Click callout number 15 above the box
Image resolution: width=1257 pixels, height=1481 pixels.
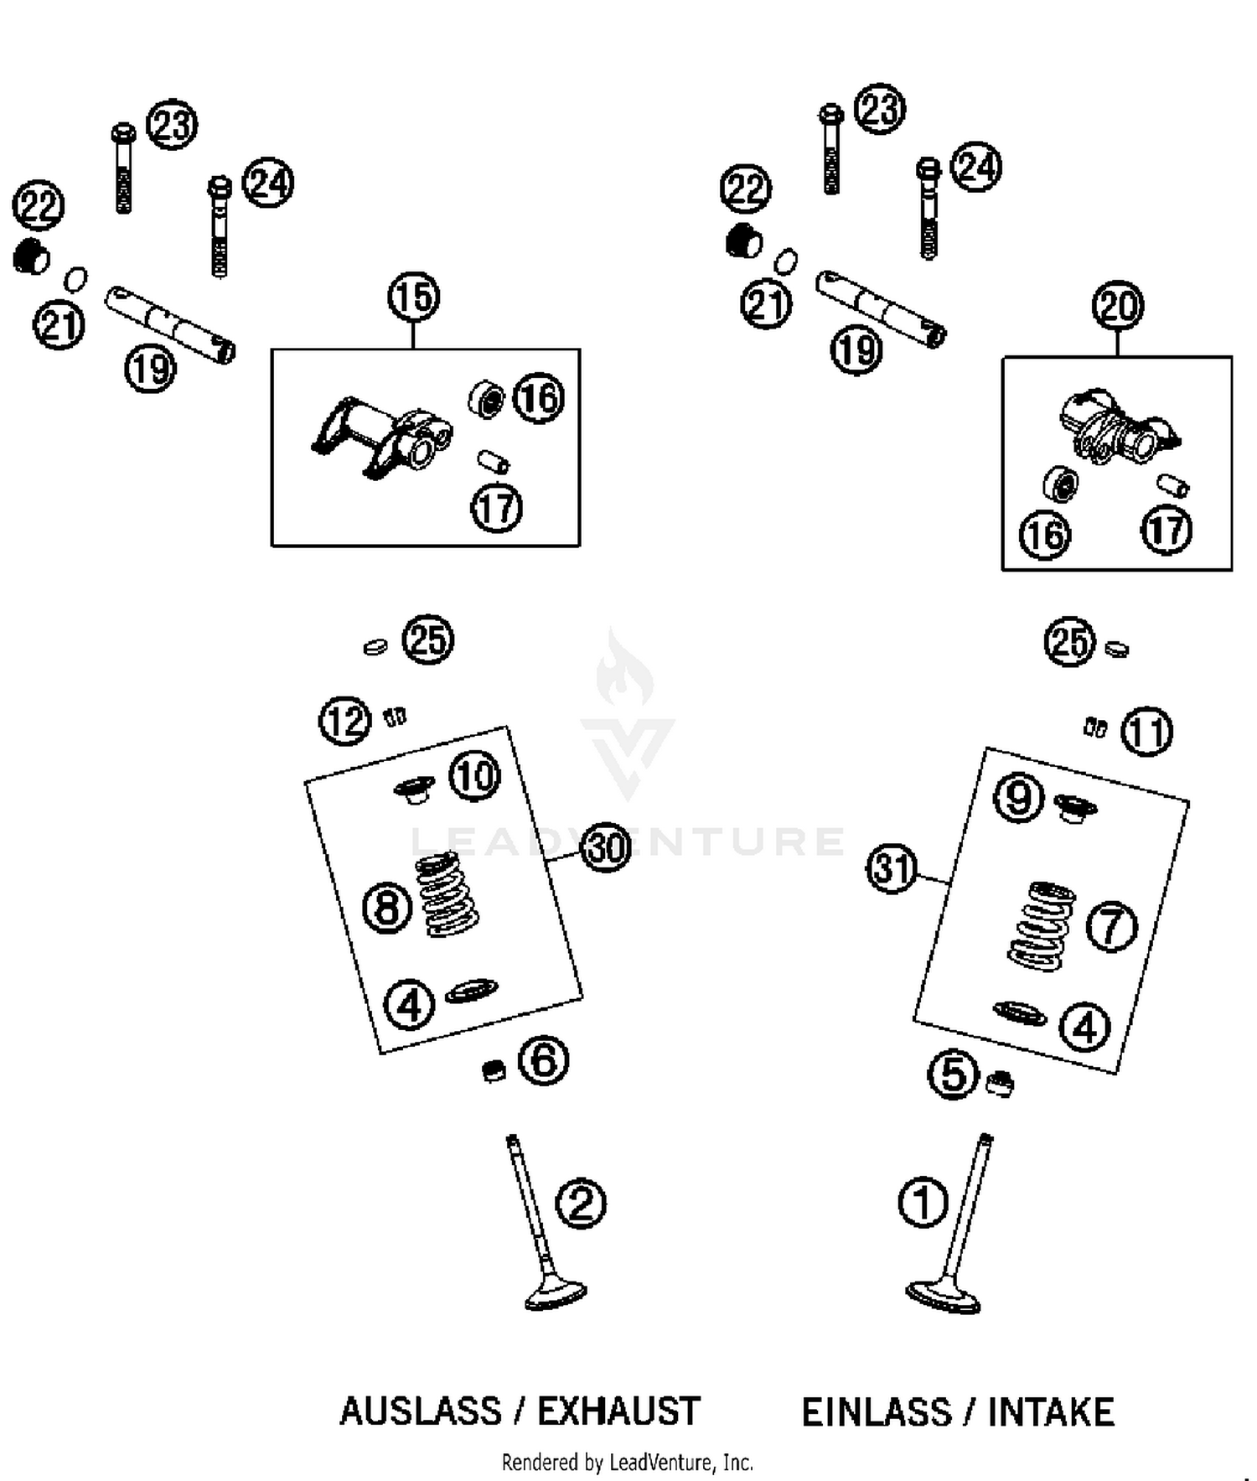[414, 298]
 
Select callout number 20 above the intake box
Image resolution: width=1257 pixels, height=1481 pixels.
[1118, 306]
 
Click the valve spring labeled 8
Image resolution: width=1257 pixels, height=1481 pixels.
[447, 894]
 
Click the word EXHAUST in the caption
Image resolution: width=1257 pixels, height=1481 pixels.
[618, 1411]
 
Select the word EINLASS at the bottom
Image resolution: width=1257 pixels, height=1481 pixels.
[875, 1412]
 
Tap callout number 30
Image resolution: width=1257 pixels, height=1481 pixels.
[605, 847]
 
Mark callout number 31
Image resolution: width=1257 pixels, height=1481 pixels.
[891, 868]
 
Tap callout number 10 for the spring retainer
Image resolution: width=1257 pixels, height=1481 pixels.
[475, 775]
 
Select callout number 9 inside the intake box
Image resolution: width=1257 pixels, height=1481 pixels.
[1018, 797]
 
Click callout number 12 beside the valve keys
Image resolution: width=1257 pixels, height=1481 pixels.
[345, 721]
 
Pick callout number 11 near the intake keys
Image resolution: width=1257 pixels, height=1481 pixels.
[1147, 733]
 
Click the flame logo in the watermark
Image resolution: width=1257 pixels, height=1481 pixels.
[623, 671]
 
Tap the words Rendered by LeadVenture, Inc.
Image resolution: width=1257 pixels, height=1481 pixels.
[627, 1463]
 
